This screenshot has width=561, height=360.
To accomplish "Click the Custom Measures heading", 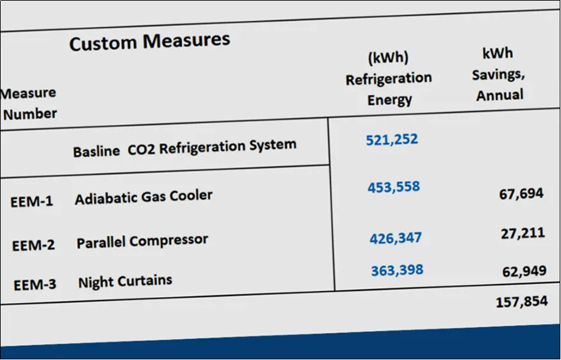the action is tap(150, 42).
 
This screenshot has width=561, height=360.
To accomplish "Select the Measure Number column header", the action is tap(29, 104).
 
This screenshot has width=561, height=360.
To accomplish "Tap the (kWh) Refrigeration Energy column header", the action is tap(389, 78).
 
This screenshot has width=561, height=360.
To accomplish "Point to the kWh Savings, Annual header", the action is tap(498, 74).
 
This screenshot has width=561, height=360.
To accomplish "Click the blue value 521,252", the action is tap(392, 139).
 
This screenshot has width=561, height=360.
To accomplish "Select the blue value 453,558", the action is tap(394, 187).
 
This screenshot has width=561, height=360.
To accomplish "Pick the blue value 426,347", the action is tap(396, 238).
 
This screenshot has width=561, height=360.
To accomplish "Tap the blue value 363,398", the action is tap(397, 270).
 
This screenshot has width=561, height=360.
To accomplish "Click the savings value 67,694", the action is tap(521, 193).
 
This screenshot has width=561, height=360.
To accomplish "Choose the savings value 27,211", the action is tap(523, 233).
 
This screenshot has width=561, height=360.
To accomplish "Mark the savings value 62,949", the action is tap(524, 271).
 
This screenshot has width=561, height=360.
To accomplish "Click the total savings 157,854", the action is tap(522, 302).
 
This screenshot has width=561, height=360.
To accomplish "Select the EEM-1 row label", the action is tap(32, 202).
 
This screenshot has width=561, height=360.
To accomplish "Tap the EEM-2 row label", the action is tap(34, 245).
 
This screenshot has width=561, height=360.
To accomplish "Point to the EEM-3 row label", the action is tap(35, 285).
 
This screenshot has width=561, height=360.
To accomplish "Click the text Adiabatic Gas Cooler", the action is tap(143, 197).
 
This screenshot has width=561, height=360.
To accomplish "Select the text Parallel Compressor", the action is tap(142, 241).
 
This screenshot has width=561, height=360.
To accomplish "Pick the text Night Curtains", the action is tap(126, 282).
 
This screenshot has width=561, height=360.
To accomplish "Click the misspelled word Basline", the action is tap(96, 151).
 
